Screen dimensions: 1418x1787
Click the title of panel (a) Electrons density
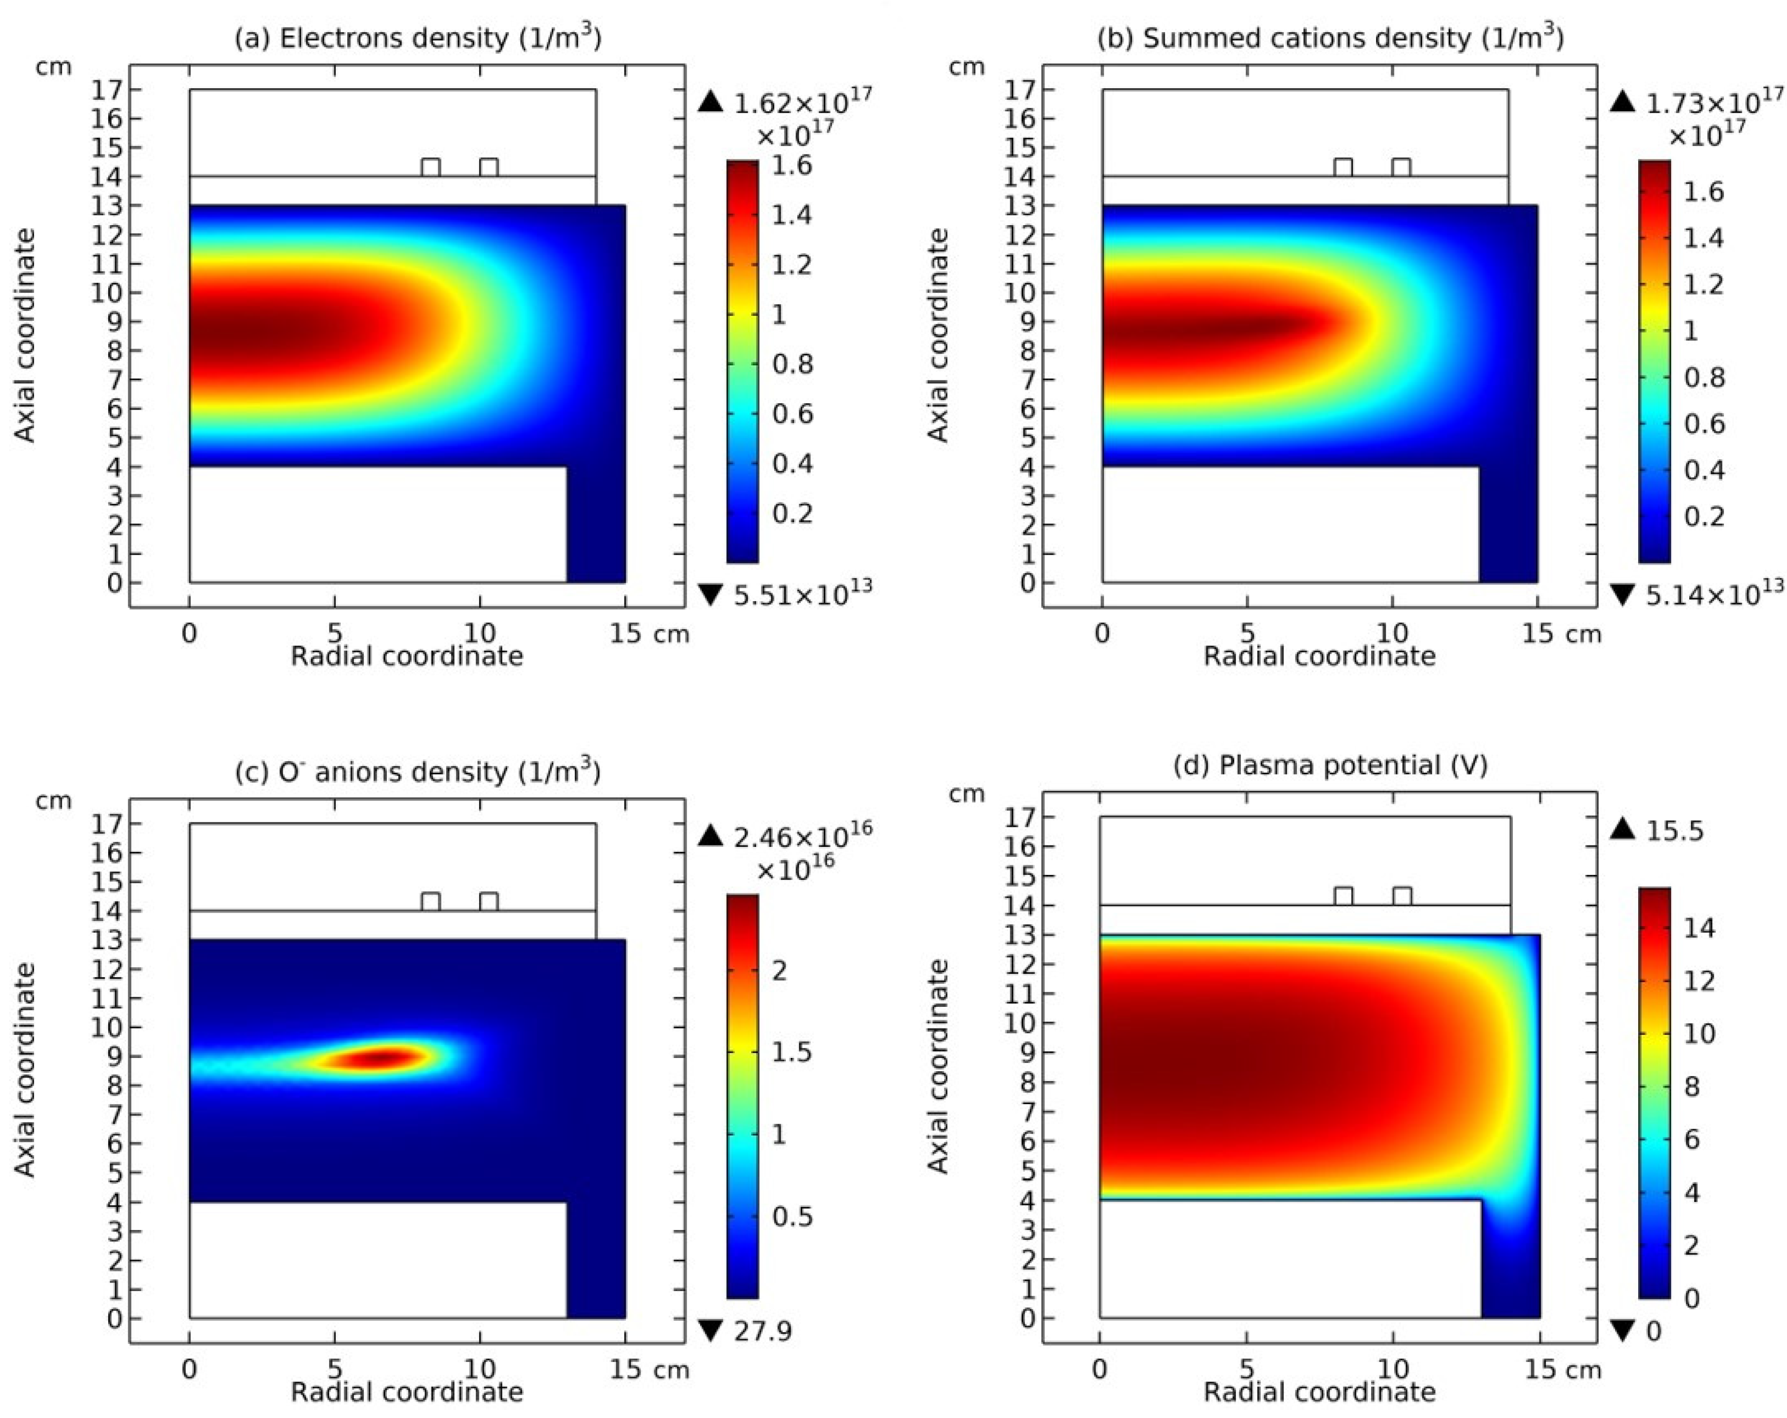coord(418,38)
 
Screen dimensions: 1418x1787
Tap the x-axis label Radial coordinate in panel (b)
coord(1318,656)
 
